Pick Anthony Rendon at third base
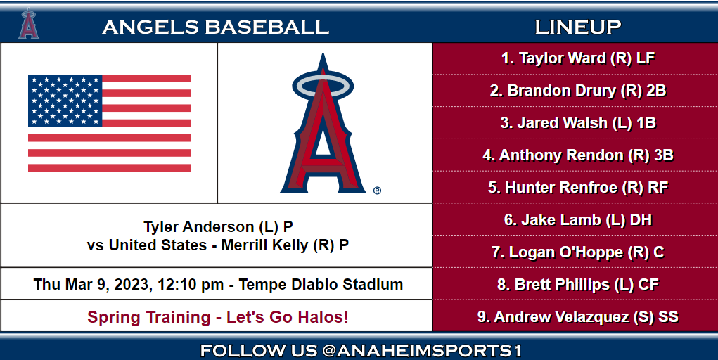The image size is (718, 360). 578,155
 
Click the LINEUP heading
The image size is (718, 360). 577,27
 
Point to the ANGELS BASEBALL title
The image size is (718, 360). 215,27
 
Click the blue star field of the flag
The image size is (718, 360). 65,100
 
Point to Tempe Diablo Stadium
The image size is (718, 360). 321,285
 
